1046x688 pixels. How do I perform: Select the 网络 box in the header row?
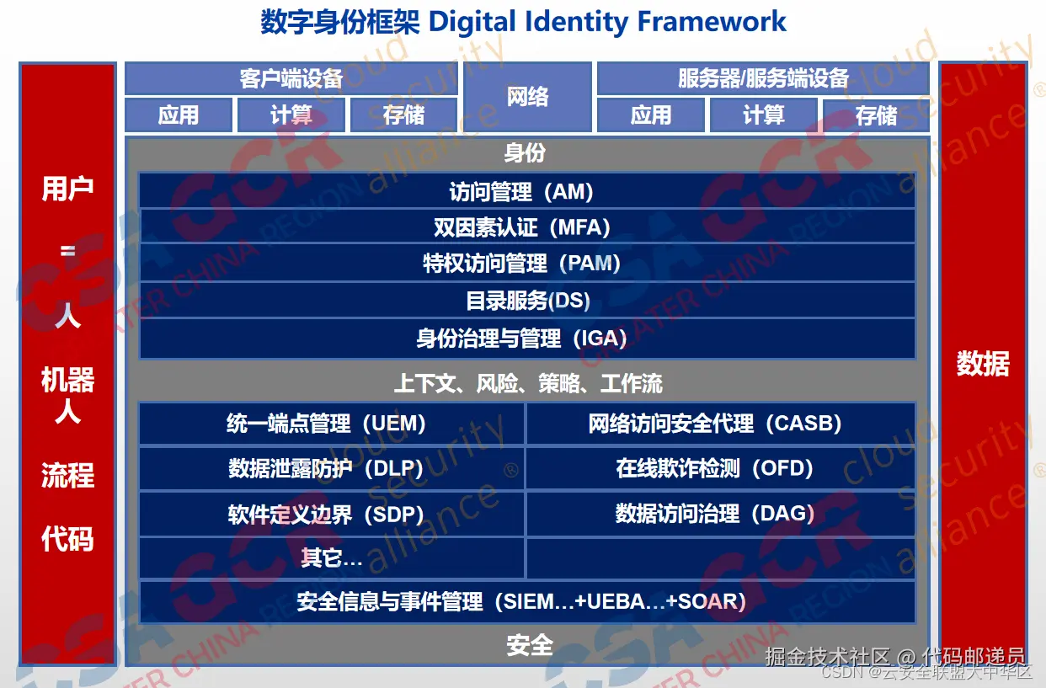[x=528, y=97]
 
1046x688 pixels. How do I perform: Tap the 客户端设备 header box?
[x=291, y=78]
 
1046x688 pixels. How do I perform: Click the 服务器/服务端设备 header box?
[x=763, y=78]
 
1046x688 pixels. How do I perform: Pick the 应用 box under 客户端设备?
[x=179, y=115]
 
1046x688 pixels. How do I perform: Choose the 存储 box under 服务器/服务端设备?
[x=876, y=115]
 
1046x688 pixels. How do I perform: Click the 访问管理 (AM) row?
[x=526, y=190]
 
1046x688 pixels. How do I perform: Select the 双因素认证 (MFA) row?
[x=526, y=227]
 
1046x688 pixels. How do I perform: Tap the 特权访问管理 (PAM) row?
[x=526, y=263]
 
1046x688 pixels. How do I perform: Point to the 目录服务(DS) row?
[x=526, y=300]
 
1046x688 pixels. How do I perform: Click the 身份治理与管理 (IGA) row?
[x=526, y=339]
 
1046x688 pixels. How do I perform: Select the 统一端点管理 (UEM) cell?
[x=332, y=424]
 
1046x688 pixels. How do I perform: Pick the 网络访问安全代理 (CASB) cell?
[x=721, y=424]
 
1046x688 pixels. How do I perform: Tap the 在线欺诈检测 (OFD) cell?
[x=721, y=468]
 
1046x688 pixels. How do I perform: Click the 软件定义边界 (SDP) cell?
[x=332, y=514]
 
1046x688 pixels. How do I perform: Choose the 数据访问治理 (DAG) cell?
[x=721, y=514]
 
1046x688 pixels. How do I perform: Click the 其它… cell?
[x=332, y=557]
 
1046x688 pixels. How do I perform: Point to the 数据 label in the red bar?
[x=983, y=364]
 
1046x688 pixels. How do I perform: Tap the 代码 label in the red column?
[x=67, y=539]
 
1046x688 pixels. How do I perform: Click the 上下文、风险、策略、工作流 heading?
[x=528, y=383]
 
